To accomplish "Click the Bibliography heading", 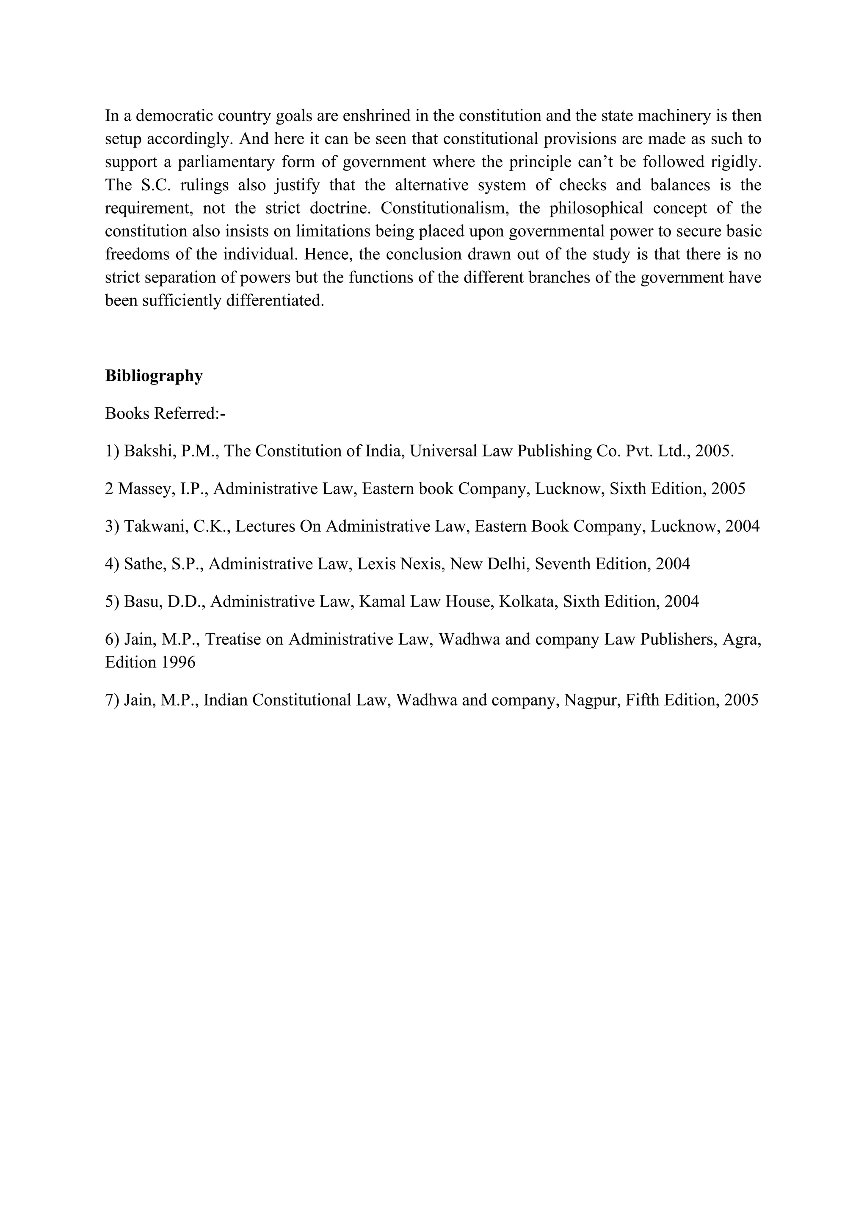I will (x=154, y=376).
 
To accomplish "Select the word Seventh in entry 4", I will (x=558, y=564).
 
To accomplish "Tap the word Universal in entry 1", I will (x=444, y=451).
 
